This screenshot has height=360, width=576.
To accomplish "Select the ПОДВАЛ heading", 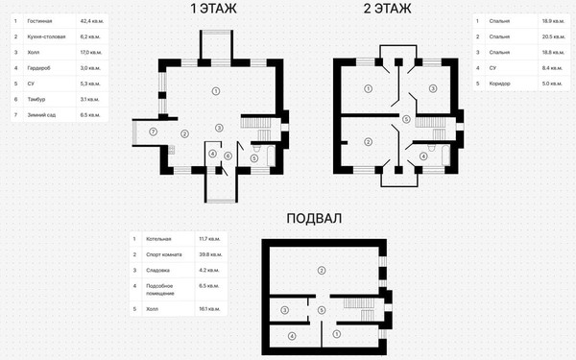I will (x=314, y=219).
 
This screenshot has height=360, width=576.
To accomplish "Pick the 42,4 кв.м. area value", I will (x=91, y=19).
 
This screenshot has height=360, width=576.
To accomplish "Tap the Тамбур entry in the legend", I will (x=39, y=99).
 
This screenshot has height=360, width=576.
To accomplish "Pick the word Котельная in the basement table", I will (x=159, y=238).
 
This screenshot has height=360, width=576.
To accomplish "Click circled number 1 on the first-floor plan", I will (x=216, y=90).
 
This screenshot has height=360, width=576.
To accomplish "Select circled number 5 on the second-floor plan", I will (x=406, y=120).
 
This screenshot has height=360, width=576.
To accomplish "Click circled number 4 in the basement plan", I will (x=291, y=336).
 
